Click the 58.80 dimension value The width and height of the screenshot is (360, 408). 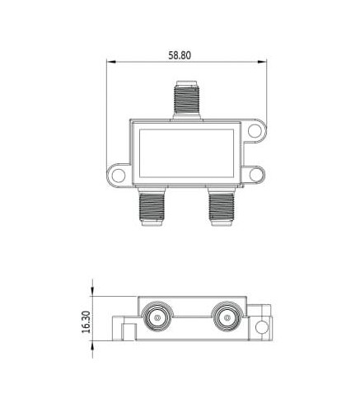180,55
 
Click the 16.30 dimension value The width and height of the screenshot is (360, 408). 86,322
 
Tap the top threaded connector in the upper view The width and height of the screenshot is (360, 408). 187,100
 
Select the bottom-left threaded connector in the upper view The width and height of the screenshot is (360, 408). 152,206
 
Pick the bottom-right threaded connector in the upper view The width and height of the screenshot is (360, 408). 222,206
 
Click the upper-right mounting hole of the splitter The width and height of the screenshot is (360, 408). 255,131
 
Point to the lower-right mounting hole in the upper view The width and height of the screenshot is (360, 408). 256,175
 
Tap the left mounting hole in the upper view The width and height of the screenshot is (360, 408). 119,175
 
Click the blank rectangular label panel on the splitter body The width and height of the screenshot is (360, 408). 186,153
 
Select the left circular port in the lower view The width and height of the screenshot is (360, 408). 157,318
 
